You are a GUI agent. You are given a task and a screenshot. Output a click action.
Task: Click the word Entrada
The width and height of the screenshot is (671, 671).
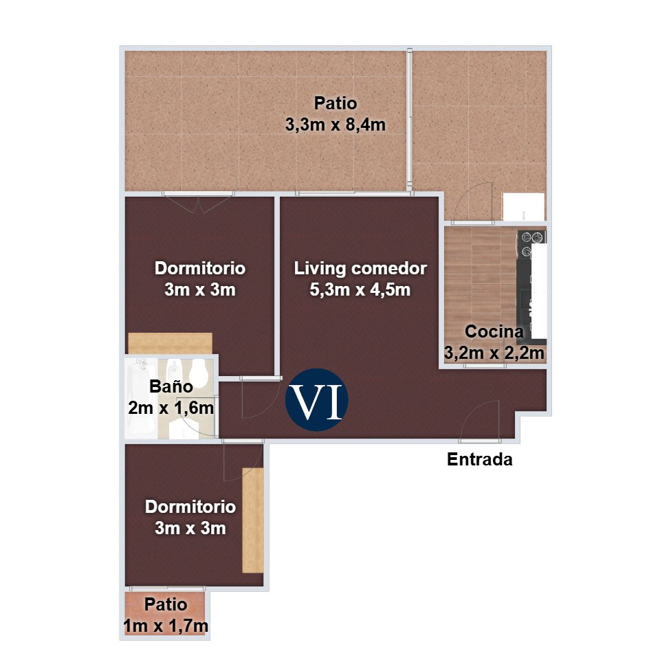click(x=479, y=460)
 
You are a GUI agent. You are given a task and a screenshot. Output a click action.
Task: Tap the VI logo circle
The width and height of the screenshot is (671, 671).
click(x=317, y=399)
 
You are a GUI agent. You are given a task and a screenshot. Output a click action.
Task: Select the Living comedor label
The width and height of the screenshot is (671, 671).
click(x=360, y=269)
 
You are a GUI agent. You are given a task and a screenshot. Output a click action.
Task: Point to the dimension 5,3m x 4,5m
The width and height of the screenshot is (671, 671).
click(x=360, y=290)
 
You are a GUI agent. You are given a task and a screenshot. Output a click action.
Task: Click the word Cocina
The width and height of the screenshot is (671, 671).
click(x=494, y=331)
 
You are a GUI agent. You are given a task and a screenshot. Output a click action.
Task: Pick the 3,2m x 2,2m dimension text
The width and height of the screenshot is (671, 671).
click(x=494, y=353)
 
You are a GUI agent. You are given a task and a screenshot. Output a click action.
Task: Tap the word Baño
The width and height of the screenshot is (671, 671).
click(x=170, y=386)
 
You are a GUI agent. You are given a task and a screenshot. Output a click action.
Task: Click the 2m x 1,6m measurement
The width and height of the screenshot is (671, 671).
click(x=170, y=408)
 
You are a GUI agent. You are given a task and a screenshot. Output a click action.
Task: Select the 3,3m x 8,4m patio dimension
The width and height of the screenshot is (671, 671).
click(x=335, y=125)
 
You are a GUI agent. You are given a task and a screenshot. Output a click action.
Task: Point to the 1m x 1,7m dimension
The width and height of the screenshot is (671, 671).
click(x=166, y=626)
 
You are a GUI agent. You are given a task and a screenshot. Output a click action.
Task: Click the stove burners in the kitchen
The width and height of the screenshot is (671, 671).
click(x=531, y=243)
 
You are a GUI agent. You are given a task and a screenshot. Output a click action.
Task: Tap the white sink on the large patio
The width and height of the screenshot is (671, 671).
click(x=523, y=206)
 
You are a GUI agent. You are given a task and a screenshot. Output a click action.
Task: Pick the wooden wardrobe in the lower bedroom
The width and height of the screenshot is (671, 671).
click(x=253, y=520)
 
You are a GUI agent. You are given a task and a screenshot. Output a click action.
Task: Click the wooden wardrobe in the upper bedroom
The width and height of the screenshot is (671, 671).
click(x=170, y=344)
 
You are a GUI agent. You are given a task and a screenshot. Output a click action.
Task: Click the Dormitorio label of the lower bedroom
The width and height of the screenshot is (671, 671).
click(x=190, y=507)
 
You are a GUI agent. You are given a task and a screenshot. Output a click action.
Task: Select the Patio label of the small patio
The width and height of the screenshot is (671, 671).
click(x=166, y=605)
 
